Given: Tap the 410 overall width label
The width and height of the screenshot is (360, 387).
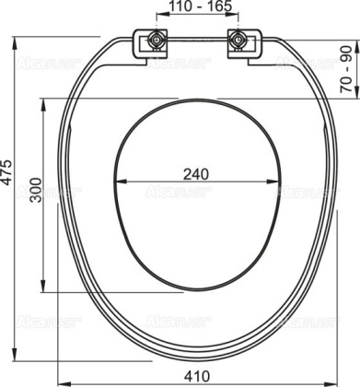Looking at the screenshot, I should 192,376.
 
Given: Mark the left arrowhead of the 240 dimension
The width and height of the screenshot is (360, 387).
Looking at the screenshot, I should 121,192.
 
